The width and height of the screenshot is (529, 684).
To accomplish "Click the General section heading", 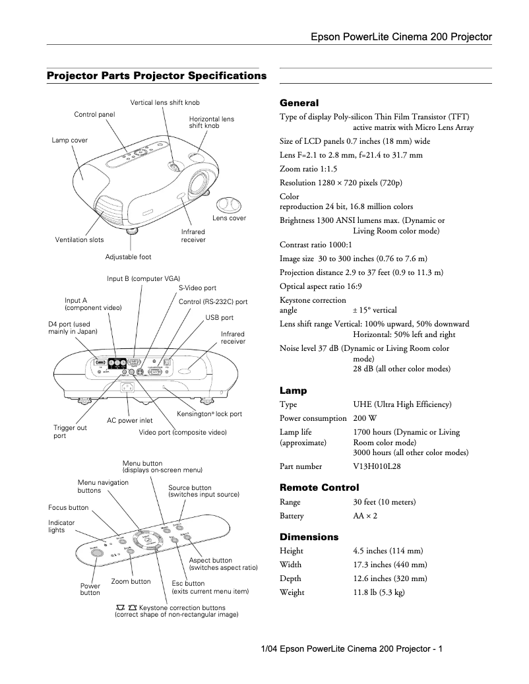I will click(299, 104).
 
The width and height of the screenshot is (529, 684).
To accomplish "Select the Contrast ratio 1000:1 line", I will click(314, 244).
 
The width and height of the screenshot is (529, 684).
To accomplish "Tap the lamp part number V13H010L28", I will click(377, 466).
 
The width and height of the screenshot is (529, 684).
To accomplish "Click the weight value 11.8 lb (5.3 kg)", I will click(379, 592).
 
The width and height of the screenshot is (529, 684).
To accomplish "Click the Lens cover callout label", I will click(229, 218).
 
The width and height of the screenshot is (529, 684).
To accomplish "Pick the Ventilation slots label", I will click(79, 240).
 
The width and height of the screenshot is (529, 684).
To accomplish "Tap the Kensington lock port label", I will click(209, 414).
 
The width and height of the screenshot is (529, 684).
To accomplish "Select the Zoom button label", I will click(131, 582).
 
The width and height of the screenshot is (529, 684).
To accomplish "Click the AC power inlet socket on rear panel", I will click(127, 389).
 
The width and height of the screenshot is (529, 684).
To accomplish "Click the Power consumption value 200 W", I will click(363, 418).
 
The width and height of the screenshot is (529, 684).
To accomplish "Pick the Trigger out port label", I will click(70, 432).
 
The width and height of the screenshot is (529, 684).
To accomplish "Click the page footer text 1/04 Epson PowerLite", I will click(352, 650).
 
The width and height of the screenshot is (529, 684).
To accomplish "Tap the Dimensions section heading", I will click(309, 537).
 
